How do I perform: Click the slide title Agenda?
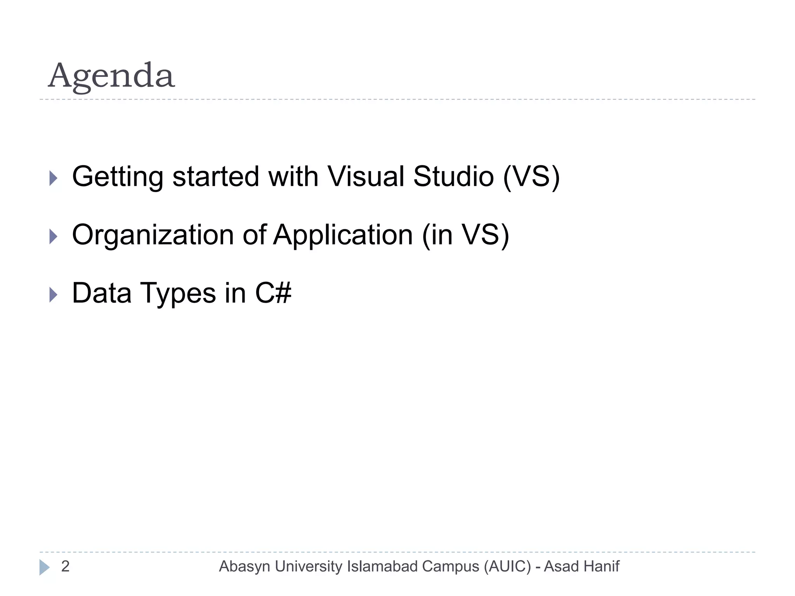[x=111, y=76]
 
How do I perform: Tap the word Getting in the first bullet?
[x=118, y=177]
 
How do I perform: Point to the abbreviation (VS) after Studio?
[x=531, y=177]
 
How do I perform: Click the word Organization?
[x=153, y=235]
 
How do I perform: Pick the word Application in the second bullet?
[x=343, y=235]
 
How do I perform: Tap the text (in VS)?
[x=465, y=235]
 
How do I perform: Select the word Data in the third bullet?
[x=101, y=293]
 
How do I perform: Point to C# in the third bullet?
[x=273, y=293]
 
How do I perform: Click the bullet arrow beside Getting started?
[x=54, y=178]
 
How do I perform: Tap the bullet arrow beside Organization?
[x=54, y=237]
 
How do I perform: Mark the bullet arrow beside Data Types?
[x=54, y=295]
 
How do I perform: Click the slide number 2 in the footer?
[x=65, y=567]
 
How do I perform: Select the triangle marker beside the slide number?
[x=44, y=567]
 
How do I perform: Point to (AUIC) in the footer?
[x=507, y=567]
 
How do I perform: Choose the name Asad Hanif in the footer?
[x=581, y=567]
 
